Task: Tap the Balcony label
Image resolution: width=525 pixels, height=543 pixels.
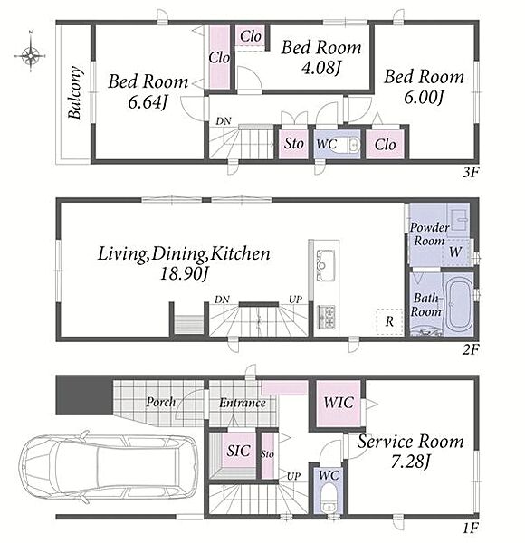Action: coord(75,92)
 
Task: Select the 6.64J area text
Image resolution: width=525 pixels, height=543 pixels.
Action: coord(148,102)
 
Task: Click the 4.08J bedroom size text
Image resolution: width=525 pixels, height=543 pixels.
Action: coord(321,68)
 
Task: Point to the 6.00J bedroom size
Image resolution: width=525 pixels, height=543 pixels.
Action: coord(424,98)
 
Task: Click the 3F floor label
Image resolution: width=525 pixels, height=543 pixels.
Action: coord(471,172)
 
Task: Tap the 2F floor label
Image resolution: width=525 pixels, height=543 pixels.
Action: coord(471,349)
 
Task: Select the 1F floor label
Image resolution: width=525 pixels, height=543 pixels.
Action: coord(471,529)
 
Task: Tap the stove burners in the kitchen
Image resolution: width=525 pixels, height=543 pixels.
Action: coord(326,317)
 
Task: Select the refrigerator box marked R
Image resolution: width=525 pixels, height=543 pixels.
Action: coord(389,321)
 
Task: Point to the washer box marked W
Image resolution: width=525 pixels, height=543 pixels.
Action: coord(455,252)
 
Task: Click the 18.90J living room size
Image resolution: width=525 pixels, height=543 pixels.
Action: coord(184,275)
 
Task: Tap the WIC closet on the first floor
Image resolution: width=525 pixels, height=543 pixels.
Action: coord(339,404)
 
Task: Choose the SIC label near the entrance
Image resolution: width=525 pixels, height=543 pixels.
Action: coord(238,451)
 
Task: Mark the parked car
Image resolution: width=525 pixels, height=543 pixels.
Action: coord(109,468)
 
